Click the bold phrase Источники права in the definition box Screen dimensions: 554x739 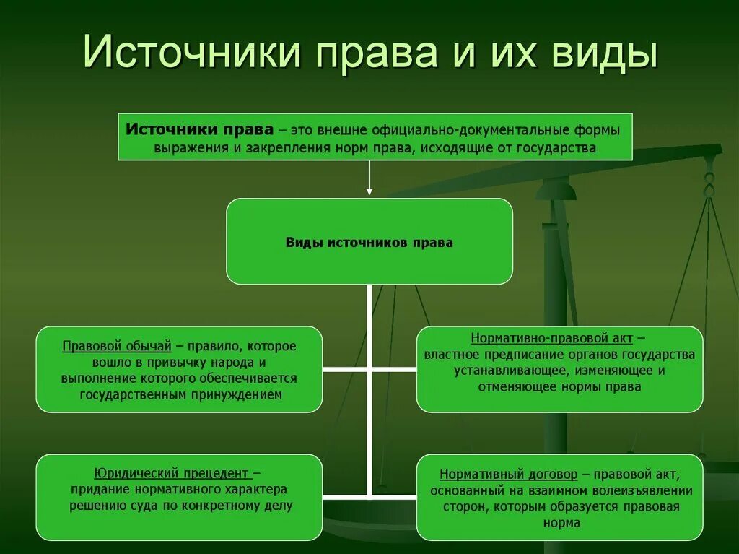point(200,129)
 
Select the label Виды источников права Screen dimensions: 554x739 point(369,243)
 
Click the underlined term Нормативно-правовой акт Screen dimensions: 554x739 point(553,338)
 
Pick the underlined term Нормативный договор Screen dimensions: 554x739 point(509,475)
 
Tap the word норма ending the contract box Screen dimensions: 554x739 point(559,523)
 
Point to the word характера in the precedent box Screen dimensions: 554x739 point(260,490)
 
